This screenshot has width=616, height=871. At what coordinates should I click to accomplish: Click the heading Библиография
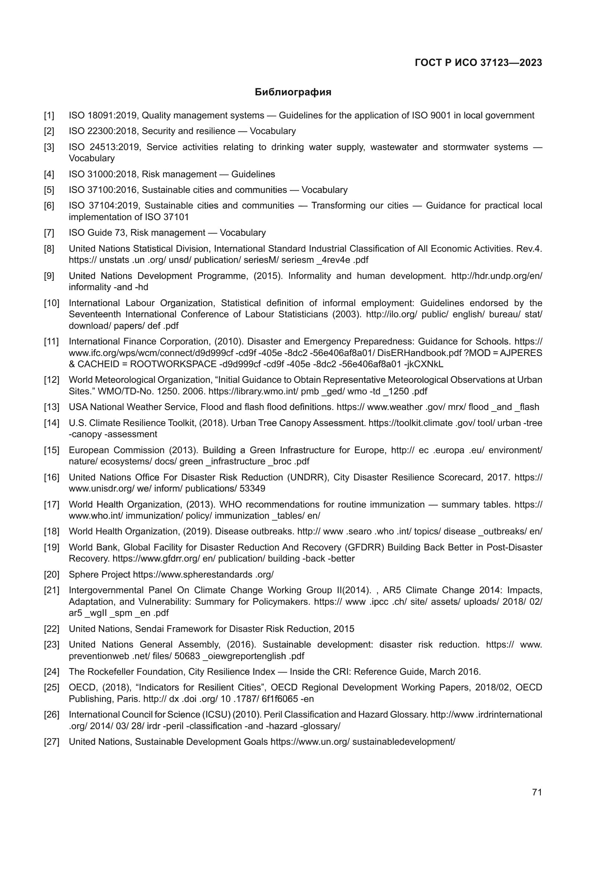click(293, 92)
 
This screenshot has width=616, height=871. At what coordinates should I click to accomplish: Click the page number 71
click(537, 792)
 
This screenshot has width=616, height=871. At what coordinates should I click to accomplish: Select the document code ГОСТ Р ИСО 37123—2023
click(478, 63)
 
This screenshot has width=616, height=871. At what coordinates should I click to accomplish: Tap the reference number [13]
click(52, 407)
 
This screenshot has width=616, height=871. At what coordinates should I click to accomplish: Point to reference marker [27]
click(52, 742)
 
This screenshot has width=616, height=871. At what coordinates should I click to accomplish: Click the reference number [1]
click(49, 115)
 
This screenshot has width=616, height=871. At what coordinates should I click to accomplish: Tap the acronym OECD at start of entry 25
click(80, 687)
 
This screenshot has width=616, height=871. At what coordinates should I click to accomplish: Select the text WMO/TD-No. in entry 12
click(121, 391)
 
